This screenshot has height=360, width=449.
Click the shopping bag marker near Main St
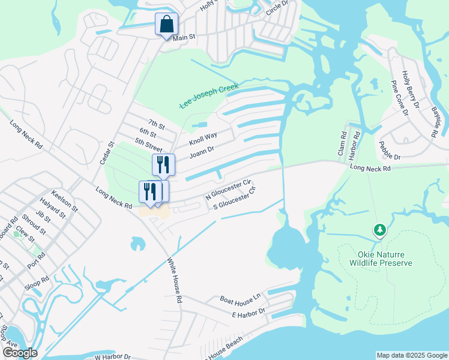(x=167, y=25)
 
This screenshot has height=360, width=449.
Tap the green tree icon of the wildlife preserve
(x=379, y=230)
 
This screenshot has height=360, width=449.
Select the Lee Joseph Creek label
(x=209, y=97)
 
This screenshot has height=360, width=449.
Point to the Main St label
(x=184, y=38)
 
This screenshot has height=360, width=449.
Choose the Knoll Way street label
(x=203, y=138)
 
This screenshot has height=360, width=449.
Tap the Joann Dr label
(x=202, y=151)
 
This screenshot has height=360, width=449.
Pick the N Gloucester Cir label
(x=227, y=188)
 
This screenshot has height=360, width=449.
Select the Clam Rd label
(x=343, y=144)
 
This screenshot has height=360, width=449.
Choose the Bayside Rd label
(x=436, y=122)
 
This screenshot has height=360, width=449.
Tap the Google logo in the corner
(x=19, y=353)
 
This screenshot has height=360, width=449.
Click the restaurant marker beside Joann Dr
(x=163, y=164)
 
